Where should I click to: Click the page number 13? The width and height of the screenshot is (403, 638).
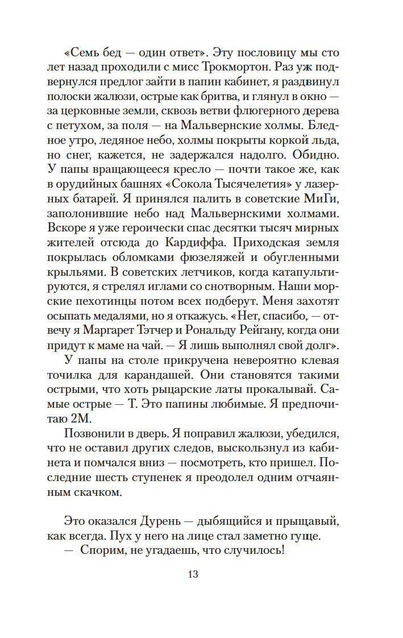coord(192,574)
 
